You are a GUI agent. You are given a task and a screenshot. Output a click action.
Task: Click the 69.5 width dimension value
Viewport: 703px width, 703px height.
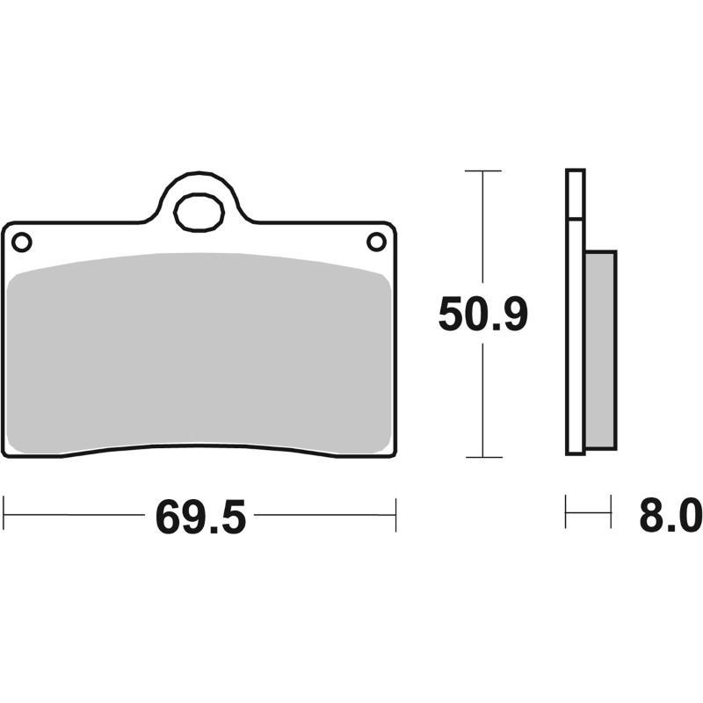coord(199,516)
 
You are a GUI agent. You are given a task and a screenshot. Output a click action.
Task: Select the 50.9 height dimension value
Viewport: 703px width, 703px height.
coord(482,314)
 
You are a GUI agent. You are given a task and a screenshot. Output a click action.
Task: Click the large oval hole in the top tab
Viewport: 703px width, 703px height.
coord(199,212)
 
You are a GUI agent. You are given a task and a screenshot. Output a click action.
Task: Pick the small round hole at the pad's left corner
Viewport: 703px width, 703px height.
coord(22,241)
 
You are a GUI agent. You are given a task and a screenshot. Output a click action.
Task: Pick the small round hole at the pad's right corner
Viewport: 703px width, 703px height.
coord(375,241)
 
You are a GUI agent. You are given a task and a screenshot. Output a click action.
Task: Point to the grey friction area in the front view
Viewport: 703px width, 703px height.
coord(199,351)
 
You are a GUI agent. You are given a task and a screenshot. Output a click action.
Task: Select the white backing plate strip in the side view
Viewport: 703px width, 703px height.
coord(575,334)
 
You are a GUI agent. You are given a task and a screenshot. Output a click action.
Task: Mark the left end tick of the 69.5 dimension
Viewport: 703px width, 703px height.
coord(4,514)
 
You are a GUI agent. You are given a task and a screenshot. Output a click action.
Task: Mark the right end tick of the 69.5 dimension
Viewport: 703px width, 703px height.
coord(395,514)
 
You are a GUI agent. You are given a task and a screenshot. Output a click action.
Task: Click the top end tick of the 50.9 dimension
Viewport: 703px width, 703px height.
coord(482,170)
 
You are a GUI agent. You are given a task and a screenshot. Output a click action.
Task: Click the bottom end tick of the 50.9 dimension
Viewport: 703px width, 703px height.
coord(482,457)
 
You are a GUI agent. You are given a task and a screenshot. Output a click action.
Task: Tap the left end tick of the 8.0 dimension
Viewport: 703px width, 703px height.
coord(566,512)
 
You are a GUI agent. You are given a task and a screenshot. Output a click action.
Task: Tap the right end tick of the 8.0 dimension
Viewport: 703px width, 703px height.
coord(610,512)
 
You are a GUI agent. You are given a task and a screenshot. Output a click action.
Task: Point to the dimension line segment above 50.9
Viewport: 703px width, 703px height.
coord(482,228)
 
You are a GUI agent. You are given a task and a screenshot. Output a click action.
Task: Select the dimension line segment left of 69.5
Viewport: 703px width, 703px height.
coord(75,514)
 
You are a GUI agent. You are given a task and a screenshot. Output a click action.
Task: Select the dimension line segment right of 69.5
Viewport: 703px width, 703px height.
coord(325,514)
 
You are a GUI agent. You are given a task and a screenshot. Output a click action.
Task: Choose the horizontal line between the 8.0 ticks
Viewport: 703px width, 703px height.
coord(588,512)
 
